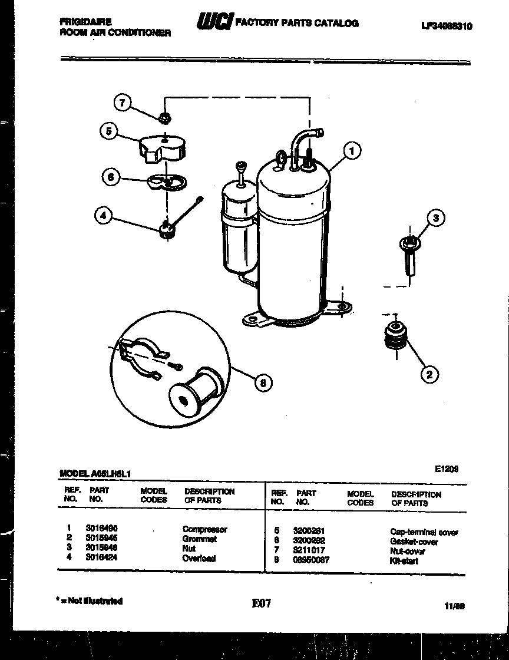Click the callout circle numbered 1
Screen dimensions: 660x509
tap(352, 151)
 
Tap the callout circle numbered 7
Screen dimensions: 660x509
tap(122, 103)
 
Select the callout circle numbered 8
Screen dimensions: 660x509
tap(263, 384)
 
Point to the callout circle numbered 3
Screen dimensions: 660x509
tap(435, 218)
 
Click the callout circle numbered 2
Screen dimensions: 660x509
tap(429, 374)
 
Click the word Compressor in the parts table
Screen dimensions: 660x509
tap(204, 530)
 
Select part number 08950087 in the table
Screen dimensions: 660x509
tap(311, 560)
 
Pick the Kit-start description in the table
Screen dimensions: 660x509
tap(404, 561)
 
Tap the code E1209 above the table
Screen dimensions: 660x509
tap(446, 469)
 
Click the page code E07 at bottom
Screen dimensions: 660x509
tap(260, 603)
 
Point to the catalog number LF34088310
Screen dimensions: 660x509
tap(447, 26)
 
